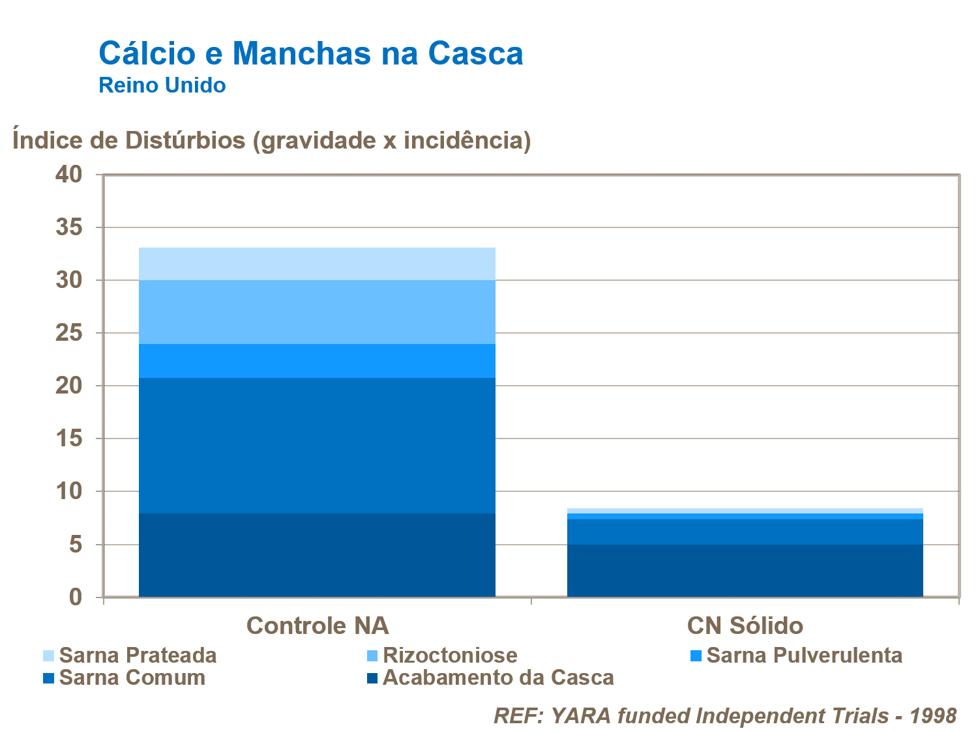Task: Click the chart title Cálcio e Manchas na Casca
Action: [x=310, y=53]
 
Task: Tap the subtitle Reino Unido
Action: [x=162, y=85]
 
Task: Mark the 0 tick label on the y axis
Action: [x=76, y=597]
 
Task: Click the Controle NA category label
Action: [x=318, y=625]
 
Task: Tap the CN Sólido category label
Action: [x=745, y=625]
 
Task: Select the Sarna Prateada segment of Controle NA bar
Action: [x=318, y=264]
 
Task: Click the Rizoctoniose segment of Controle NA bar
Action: [x=318, y=312]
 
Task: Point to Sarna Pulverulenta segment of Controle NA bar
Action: [x=318, y=361]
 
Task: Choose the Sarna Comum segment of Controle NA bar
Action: [x=318, y=446]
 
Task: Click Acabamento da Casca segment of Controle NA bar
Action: [x=318, y=555]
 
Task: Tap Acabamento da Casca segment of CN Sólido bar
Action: [x=745, y=571]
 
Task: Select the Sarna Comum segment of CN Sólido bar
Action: [x=745, y=532]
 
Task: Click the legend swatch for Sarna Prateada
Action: [x=48, y=655]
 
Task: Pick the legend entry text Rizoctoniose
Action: [x=450, y=655]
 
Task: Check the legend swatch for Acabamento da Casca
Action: [x=372, y=678]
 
